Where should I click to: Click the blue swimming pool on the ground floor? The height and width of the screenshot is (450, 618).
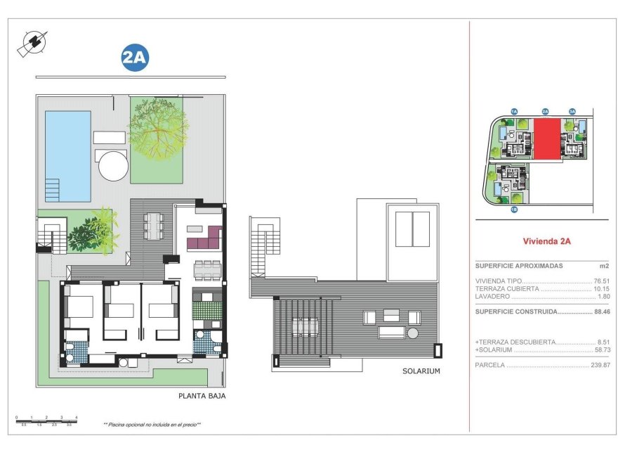(68, 155)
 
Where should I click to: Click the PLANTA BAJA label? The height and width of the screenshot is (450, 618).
(202, 396)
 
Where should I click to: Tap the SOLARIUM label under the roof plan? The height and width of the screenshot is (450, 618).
(421, 371)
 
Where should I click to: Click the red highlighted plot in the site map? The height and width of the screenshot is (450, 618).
(548, 139)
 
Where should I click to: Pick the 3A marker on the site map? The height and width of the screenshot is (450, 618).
(572, 111)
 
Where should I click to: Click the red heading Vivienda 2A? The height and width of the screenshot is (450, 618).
(546, 241)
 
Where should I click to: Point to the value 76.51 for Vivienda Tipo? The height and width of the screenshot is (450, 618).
(602, 281)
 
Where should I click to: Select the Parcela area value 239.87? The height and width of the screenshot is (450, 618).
(600, 366)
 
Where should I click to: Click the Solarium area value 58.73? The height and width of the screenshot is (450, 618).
(602, 349)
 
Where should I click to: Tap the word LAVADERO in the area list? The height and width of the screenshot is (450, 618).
(491, 296)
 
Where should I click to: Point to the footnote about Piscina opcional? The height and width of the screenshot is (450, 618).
(152, 425)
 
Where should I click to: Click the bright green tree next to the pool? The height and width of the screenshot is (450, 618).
(159, 130)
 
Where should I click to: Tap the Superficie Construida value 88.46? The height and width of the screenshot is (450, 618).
(602, 311)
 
